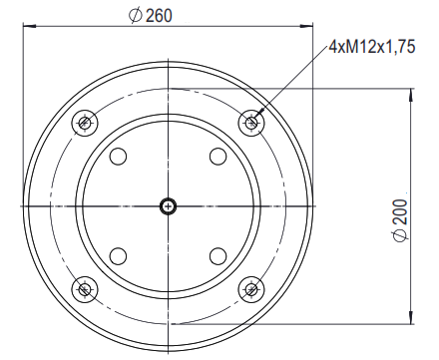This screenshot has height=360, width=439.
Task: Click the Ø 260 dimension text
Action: tap(151, 16)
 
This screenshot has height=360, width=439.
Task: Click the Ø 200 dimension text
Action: tap(400, 220)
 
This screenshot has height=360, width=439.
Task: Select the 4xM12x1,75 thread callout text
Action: tap(372, 47)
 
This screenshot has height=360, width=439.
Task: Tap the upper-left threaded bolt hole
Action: tap(85, 123)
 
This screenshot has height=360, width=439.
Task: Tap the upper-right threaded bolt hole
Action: tap(251, 123)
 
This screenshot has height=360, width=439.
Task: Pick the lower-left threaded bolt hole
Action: tap(85, 289)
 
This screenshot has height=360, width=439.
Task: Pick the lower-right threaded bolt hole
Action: tap(251, 289)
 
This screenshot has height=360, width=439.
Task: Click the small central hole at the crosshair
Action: tap(169, 206)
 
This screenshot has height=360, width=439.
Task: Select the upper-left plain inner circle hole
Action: tap(118, 157)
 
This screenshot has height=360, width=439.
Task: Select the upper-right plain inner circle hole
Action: tap(219, 157)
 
